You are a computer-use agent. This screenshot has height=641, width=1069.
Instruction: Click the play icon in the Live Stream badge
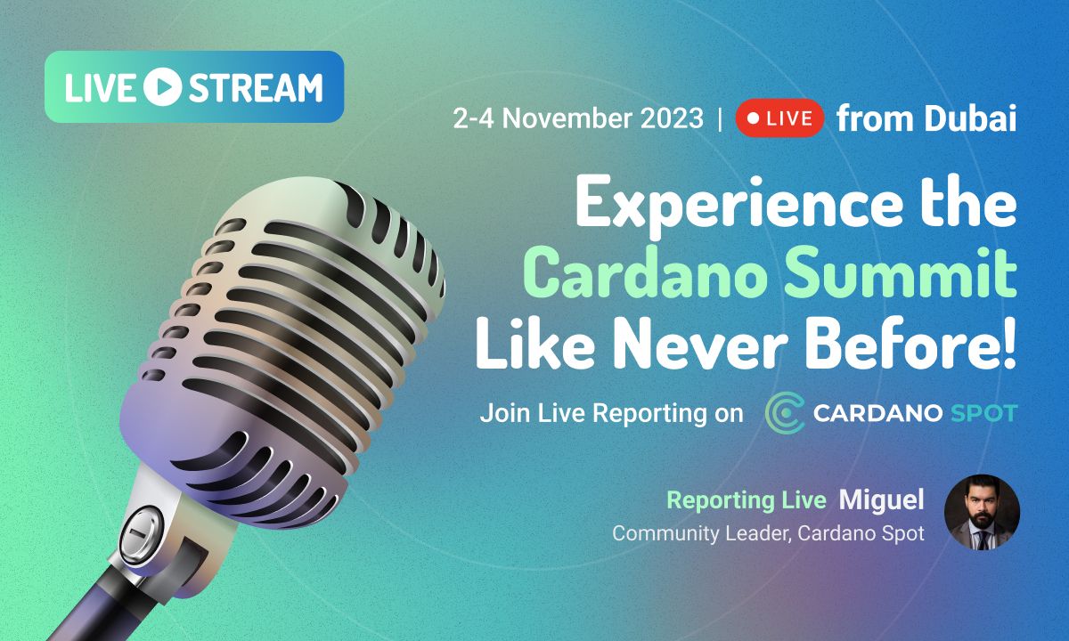(161, 87)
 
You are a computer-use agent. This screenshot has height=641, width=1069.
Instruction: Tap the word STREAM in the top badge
(255, 87)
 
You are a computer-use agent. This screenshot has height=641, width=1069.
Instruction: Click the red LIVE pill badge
(779, 119)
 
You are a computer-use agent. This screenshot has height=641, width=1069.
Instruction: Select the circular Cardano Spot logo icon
(785, 414)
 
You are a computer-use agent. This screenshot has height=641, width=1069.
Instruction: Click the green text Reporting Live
(747, 500)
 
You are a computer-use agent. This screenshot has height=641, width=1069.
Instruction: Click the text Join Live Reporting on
(611, 414)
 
